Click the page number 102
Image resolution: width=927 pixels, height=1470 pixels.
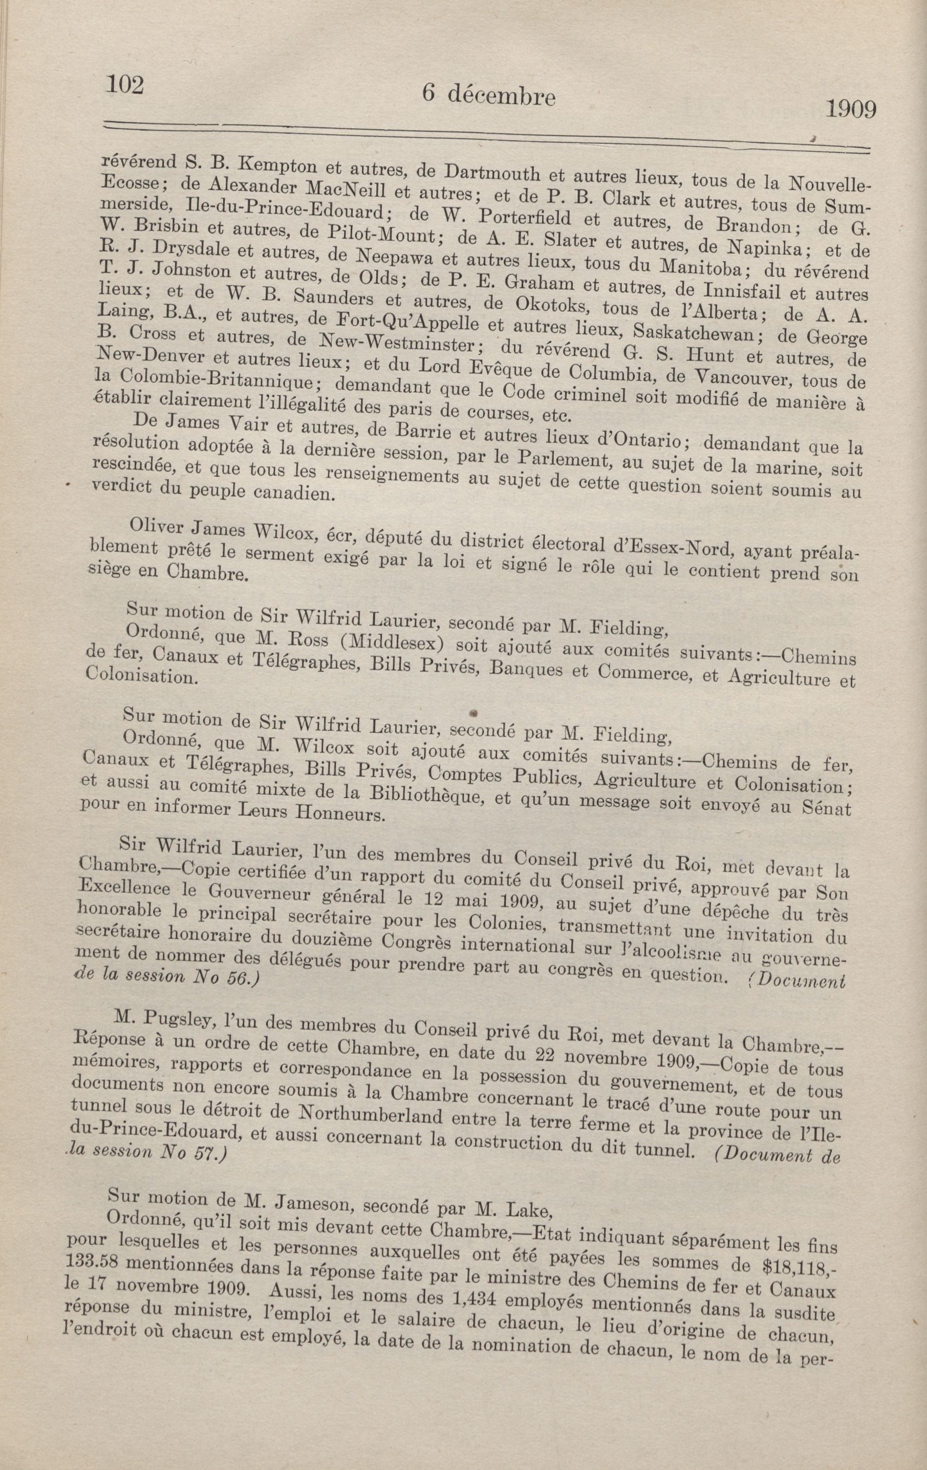(125, 84)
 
